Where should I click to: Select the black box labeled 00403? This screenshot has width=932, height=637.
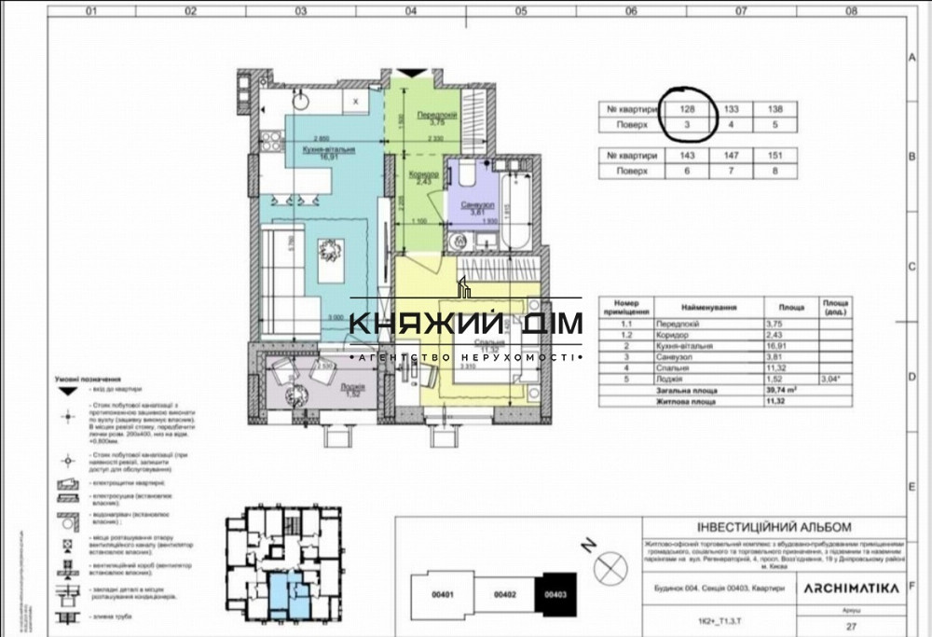pos(555,593)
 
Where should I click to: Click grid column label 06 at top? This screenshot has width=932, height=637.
pos(631,12)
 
